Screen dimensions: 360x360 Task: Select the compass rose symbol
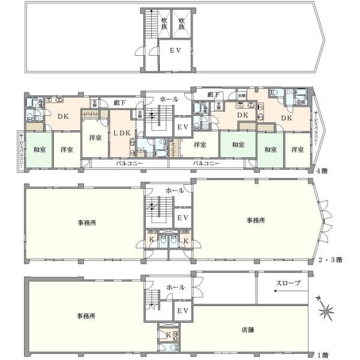(x=327, y=311)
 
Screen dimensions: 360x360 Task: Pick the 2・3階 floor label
(x=330, y=260)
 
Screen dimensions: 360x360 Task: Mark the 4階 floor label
(x=322, y=170)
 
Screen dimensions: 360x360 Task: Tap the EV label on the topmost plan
(x=175, y=52)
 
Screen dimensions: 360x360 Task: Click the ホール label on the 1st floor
(x=175, y=287)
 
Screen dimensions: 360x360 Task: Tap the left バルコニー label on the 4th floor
(x=129, y=163)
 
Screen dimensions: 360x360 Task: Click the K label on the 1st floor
(x=168, y=334)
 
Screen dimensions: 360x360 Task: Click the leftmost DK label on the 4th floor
(x=63, y=117)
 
